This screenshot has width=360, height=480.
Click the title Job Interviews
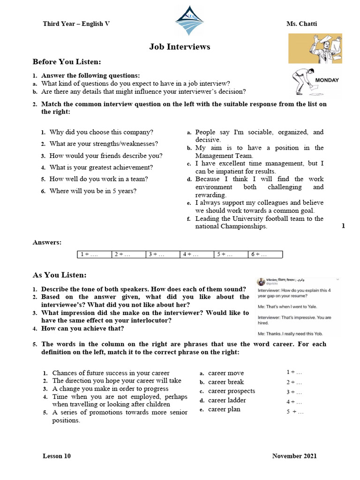click(x=180, y=46)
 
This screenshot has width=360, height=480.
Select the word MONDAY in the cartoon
click(x=327, y=80)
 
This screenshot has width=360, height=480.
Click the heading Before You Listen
click(x=67, y=62)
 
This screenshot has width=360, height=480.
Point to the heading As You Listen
click(x=59, y=275)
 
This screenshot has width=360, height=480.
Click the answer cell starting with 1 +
click(x=94, y=255)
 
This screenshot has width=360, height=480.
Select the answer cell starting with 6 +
click(x=265, y=255)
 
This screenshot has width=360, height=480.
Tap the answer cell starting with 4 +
click(x=197, y=255)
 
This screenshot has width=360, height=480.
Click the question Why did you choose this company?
click(x=101, y=133)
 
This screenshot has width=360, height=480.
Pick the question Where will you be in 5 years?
click(x=93, y=191)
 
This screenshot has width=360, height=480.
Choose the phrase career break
click(x=226, y=382)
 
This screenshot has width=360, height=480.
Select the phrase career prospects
click(x=232, y=391)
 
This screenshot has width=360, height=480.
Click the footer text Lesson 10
click(x=57, y=456)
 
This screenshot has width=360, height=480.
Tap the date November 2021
click(x=294, y=456)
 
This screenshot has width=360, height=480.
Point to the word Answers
click(x=47, y=242)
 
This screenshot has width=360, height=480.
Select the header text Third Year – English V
click(x=76, y=23)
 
